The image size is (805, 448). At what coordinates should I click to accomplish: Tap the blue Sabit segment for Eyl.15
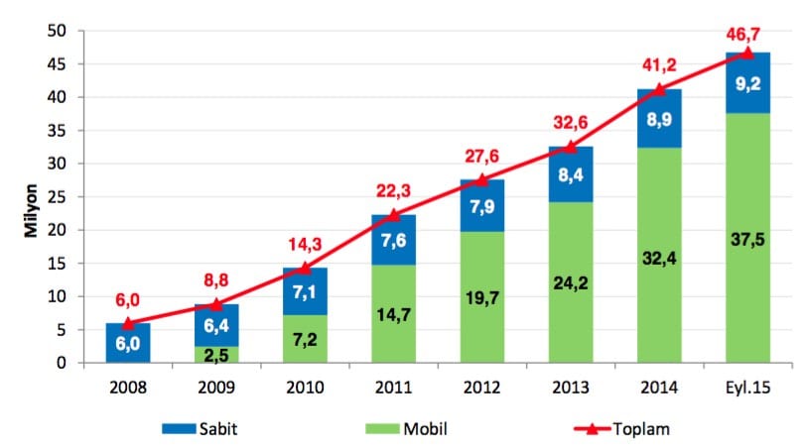747,83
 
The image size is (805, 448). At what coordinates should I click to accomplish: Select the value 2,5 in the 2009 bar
216,353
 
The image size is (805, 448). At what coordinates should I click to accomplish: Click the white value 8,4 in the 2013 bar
570,175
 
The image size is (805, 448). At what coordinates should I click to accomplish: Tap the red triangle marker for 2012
481,179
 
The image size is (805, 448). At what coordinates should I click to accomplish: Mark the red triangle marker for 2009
216,304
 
